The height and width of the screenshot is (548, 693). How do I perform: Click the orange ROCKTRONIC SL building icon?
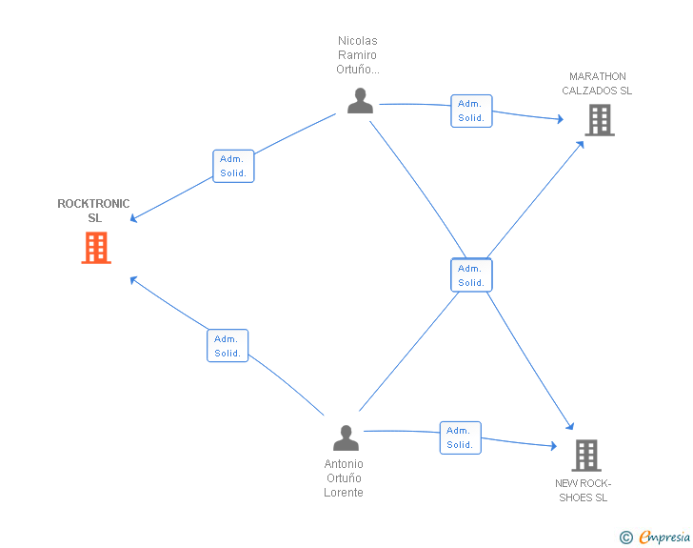click(96, 248)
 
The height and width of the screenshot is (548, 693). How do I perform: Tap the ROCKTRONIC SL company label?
click(93, 211)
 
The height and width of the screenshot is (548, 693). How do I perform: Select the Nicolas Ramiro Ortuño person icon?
click(360, 101)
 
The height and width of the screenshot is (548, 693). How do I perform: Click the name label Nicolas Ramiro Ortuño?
click(358, 55)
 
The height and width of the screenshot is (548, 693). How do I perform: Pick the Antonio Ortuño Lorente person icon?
click(346, 438)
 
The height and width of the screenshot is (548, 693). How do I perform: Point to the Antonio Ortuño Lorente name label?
click(344, 478)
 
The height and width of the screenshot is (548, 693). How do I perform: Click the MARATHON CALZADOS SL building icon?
click(600, 120)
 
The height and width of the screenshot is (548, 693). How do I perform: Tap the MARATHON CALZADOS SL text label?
click(597, 83)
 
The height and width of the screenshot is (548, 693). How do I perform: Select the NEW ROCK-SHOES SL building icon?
click(586, 456)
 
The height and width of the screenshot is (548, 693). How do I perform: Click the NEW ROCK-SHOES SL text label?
click(583, 491)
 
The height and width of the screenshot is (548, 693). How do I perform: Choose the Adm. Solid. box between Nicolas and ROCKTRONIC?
click(233, 166)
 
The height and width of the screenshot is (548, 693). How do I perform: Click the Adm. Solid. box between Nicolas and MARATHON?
click(471, 111)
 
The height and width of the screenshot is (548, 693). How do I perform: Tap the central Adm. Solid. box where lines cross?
click(471, 275)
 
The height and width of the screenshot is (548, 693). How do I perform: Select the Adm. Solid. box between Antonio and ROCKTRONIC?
click(228, 346)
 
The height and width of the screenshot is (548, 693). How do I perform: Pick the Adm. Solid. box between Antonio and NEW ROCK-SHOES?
click(460, 437)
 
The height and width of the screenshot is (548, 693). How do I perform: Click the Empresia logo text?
click(664, 537)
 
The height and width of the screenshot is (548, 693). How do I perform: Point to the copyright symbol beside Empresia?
click(626, 538)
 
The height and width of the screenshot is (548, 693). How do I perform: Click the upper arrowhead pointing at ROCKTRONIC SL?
click(133, 218)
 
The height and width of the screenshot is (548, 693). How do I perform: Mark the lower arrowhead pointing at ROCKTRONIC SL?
click(133, 280)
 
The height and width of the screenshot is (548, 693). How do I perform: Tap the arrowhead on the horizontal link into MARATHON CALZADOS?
click(561, 118)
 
